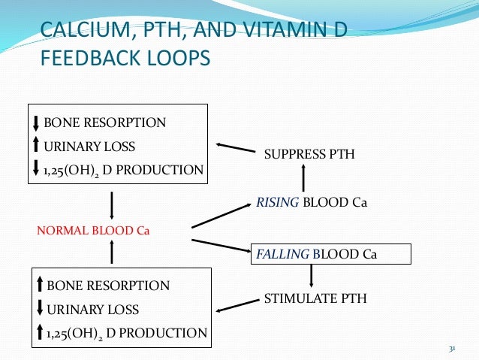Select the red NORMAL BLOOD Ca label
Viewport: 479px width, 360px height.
(94, 230)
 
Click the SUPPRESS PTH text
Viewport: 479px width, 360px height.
(309, 154)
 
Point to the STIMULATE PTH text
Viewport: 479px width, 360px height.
(315, 298)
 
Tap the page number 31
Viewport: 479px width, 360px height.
(452, 349)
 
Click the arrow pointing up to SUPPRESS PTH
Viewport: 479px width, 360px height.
(303, 179)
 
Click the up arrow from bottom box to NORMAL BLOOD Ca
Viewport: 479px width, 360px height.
(112, 253)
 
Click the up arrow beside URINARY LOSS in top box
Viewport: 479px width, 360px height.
(37, 145)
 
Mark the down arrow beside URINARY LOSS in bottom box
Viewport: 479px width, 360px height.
(40, 308)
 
